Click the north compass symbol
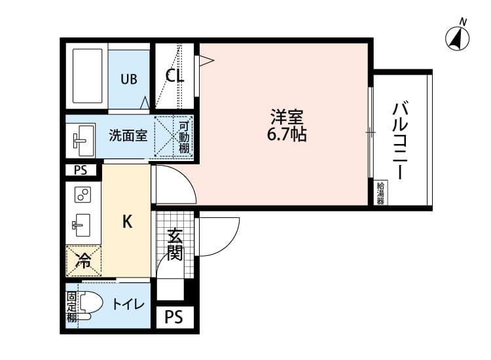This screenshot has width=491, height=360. (x=459, y=39)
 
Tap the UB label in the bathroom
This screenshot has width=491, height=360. (x=128, y=79)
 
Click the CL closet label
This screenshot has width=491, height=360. (x=174, y=76)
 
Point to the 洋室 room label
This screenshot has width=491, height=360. (x=287, y=118)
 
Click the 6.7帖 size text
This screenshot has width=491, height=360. (x=287, y=136)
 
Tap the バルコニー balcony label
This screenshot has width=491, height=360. (x=400, y=140)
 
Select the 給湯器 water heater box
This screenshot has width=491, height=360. (x=380, y=193)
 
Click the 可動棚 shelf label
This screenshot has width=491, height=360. (x=184, y=137)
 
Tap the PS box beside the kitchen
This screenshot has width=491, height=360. (x=81, y=171)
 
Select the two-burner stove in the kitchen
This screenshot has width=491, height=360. (x=82, y=195)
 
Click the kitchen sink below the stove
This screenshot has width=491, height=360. (x=82, y=225)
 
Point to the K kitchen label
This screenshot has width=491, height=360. (x=128, y=221)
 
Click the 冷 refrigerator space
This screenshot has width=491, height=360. (x=83, y=261)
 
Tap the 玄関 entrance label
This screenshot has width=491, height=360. (x=174, y=245)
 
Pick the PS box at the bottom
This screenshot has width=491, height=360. (x=173, y=318)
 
